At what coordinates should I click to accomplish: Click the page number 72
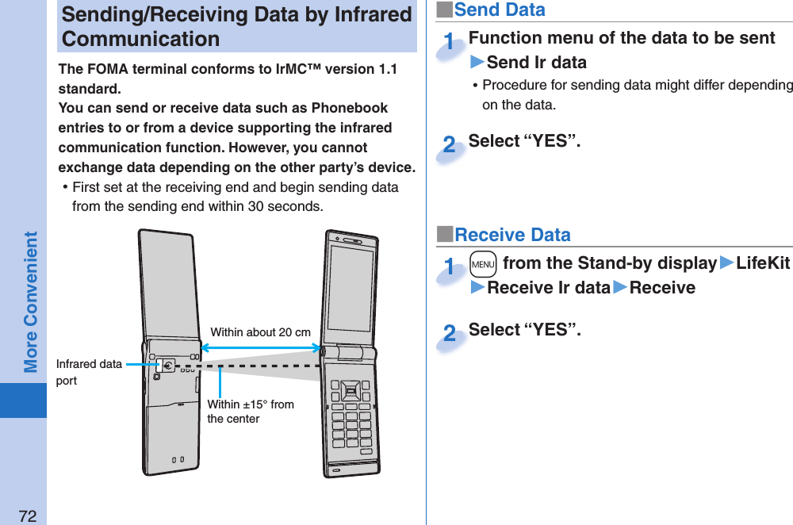click(x=28, y=516)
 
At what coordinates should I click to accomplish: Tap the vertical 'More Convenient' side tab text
click(x=31, y=301)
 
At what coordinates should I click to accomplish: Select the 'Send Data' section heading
click(x=499, y=10)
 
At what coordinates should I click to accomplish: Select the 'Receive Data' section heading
click(x=511, y=235)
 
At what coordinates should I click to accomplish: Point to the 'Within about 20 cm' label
click(x=260, y=332)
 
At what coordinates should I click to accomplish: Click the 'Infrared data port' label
click(x=89, y=372)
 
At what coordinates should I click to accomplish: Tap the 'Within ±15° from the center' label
click(x=250, y=412)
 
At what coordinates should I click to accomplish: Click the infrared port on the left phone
click(x=167, y=366)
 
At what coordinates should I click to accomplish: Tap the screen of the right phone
click(x=351, y=288)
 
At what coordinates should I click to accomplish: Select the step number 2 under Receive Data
click(x=450, y=335)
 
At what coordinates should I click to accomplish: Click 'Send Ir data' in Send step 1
click(x=536, y=63)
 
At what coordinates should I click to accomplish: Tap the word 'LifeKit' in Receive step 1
click(x=763, y=262)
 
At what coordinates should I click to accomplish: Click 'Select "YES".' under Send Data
click(x=524, y=141)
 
